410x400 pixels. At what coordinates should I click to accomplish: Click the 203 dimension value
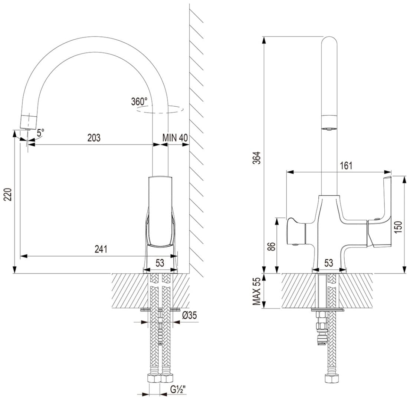[94, 137]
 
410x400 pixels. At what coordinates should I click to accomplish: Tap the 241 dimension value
[101, 249]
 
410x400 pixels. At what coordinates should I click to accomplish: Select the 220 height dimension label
[9, 194]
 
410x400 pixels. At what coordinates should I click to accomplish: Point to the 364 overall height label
[258, 157]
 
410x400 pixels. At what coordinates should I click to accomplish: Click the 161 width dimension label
[346, 166]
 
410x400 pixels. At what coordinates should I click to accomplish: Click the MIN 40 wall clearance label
[175, 137]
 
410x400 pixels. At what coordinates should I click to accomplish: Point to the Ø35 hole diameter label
[189, 316]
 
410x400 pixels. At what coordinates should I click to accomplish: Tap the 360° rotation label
[140, 101]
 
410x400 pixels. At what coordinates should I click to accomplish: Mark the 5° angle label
[40, 133]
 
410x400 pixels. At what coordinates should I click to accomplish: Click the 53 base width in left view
[160, 263]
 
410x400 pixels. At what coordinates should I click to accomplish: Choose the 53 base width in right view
[328, 263]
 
